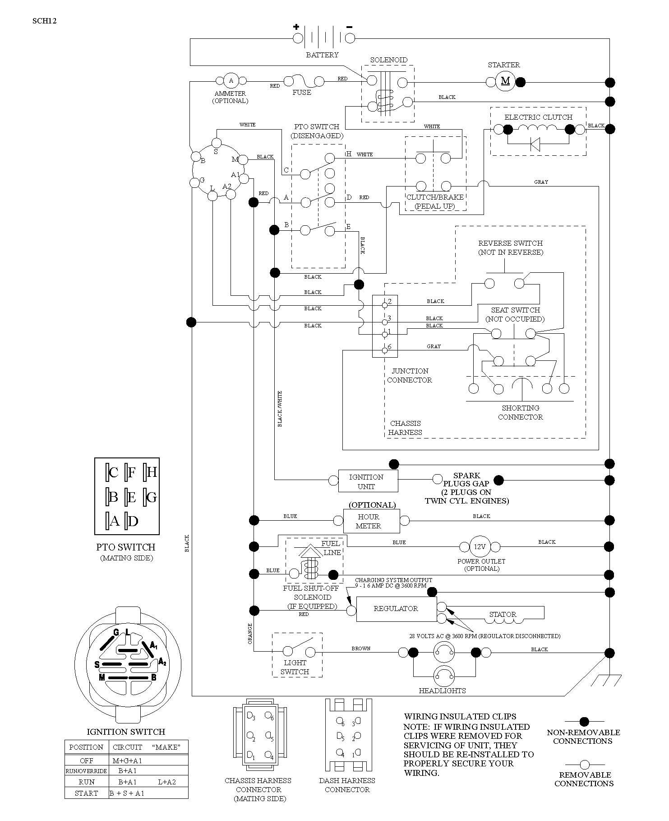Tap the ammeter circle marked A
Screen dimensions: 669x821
231,81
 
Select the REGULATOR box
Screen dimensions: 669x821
397,609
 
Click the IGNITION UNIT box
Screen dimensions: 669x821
368,481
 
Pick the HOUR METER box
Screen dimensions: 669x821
371,521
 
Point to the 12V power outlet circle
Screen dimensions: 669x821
480,547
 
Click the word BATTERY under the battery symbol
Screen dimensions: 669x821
322,55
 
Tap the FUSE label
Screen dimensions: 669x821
302,93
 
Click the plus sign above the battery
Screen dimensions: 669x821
296,27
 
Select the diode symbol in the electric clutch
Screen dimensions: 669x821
535,145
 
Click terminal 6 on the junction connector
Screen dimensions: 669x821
385,350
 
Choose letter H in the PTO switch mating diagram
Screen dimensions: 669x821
152,472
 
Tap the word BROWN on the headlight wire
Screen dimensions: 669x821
361,648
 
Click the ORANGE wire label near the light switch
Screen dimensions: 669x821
249,634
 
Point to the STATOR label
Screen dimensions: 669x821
503,615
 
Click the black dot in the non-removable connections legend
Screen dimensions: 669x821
584,721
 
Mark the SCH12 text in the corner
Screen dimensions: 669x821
44,21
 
